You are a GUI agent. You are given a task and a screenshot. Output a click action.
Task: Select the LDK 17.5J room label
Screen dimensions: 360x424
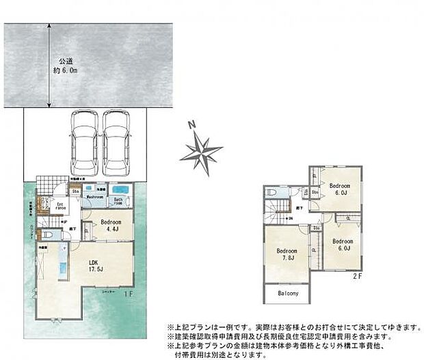coord(95,264)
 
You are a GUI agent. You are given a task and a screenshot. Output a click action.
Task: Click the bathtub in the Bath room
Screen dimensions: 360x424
coord(122,190)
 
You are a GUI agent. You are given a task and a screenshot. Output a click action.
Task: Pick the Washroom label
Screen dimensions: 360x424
coord(94,197)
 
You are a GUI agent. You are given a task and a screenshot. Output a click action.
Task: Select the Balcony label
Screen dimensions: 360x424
coord(288,294)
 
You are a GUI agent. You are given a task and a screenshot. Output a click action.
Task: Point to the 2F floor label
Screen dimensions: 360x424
coord(356,276)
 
